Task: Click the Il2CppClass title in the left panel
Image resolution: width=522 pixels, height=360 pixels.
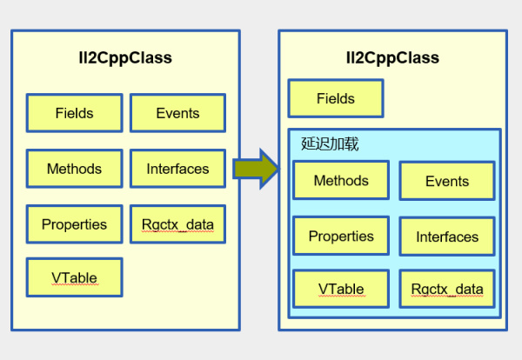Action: click(125, 58)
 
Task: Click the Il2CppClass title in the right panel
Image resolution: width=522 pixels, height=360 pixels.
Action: click(392, 58)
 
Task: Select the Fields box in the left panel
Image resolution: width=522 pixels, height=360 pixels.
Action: click(74, 113)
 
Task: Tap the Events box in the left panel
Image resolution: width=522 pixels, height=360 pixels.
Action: click(177, 113)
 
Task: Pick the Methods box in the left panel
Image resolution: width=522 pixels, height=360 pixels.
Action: click(74, 169)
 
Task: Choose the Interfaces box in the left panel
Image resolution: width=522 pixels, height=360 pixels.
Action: click(177, 169)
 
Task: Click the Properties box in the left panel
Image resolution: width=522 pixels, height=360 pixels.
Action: click(74, 224)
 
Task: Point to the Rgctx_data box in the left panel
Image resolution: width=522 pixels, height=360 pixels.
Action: click(177, 224)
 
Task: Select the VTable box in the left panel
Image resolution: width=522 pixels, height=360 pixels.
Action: click(74, 278)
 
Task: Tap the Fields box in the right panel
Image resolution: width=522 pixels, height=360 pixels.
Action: click(336, 99)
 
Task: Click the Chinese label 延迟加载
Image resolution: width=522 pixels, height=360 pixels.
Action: click(330, 144)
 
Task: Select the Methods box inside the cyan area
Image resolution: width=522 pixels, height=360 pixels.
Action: click(341, 181)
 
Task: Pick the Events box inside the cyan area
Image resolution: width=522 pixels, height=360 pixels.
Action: click(447, 182)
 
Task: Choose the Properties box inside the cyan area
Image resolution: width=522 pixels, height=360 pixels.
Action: click(341, 237)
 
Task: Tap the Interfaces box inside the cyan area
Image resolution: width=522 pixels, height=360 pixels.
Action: click(447, 237)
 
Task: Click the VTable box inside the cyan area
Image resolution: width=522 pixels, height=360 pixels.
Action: click(341, 290)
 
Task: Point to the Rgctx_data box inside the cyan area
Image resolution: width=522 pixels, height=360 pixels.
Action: click(447, 290)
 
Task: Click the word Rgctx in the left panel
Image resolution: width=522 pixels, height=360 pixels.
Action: click(158, 225)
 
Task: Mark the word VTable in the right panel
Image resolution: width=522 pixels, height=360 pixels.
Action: click(341, 290)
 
